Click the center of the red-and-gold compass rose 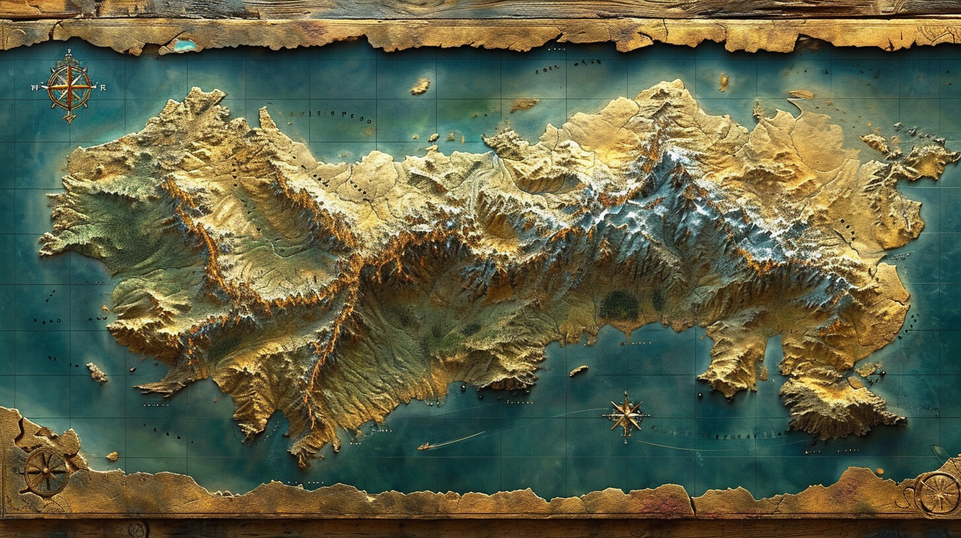point(69,86)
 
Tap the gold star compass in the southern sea point(624,415)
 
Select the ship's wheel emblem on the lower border point(46,471)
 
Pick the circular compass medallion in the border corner point(937,494)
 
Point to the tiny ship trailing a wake point(426,446)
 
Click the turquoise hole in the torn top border point(185,45)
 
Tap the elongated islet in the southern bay point(578,371)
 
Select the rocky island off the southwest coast point(96,373)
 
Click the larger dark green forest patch point(618,306)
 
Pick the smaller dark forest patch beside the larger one point(658,300)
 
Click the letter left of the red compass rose point(35,86)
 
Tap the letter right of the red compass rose point(102,86)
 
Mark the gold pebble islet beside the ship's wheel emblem point(112,456)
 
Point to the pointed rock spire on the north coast point(266,119)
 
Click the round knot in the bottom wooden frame point(137,529)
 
